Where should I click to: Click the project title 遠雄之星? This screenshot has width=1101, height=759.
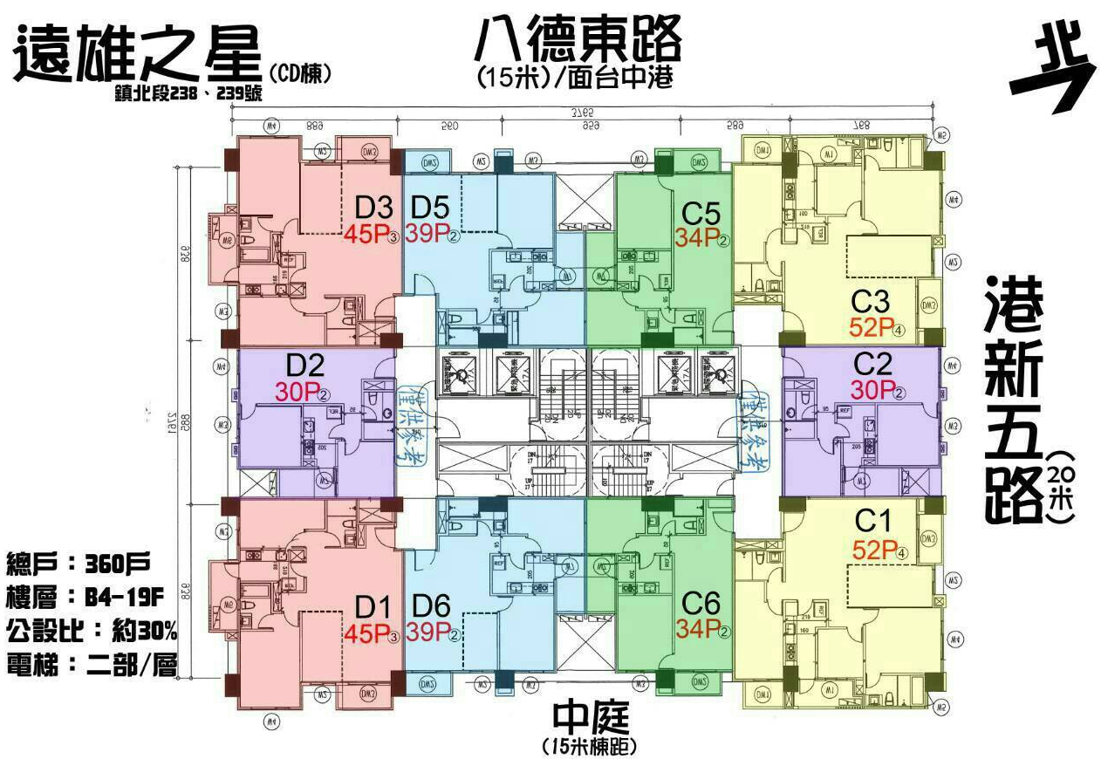point(137,54)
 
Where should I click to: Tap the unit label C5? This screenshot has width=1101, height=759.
point(701,213)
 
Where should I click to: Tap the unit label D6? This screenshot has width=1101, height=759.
point(432,605)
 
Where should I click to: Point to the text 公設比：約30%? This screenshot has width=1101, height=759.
point(92,629)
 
